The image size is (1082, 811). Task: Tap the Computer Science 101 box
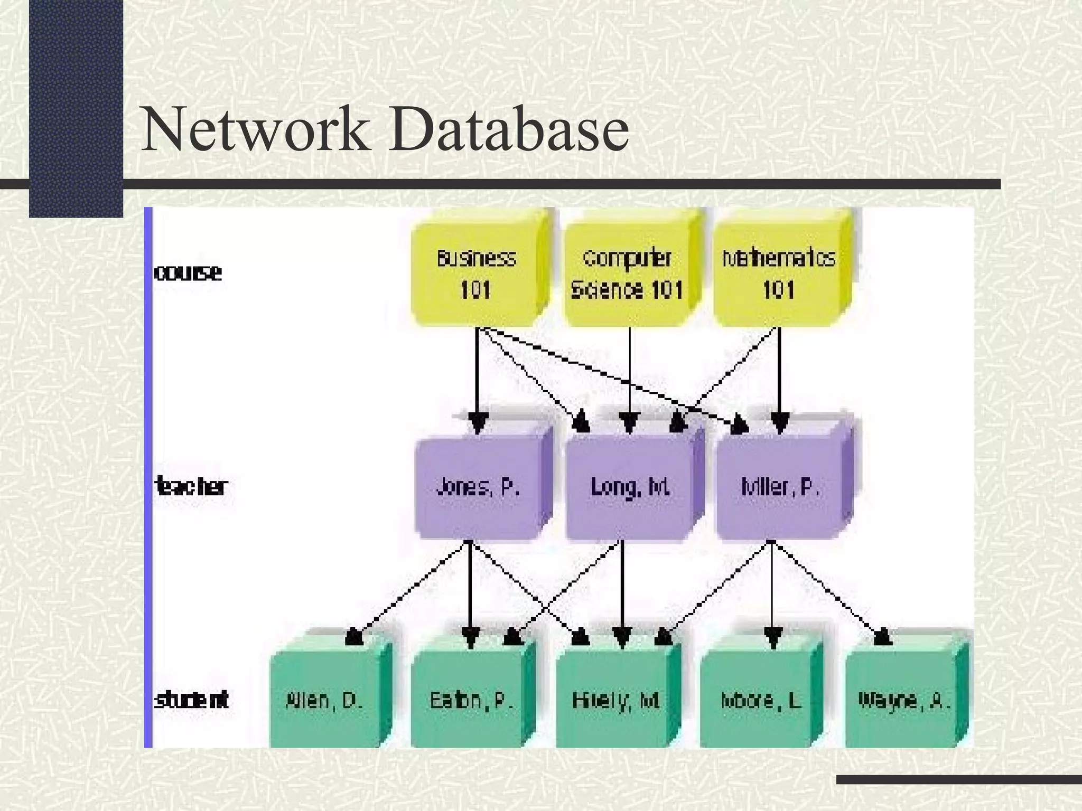[x=627, y=275]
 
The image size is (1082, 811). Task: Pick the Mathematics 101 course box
[x=778, y=275]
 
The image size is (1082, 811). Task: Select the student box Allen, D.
[x=324, y=701]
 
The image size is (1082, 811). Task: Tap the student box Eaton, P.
[x=471, y=701]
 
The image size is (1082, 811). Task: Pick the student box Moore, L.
[x=761, y=701]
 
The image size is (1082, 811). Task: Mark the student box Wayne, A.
[x=904, y=701]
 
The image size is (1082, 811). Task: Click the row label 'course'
[x=188, y=273]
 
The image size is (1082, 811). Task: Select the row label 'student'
[x=191, y=701]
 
